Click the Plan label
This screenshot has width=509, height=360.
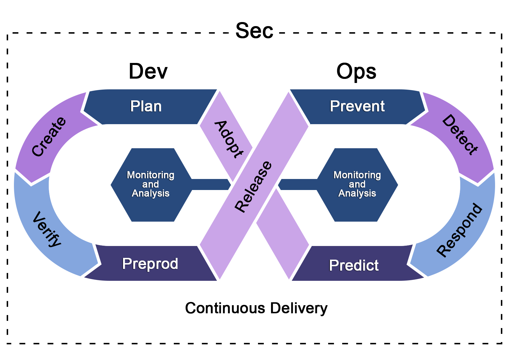146,106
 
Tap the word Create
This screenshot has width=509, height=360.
49,137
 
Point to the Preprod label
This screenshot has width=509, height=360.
150,264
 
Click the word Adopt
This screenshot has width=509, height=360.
229,140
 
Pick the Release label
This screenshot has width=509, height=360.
254,187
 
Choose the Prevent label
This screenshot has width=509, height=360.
357,106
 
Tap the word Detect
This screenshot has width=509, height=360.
460,135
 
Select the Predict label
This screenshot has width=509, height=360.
354,265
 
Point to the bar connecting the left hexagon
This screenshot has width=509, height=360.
210,184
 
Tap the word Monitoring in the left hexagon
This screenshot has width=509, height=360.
151,175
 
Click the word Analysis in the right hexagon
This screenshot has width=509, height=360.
357,193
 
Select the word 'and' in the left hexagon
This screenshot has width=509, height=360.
150,184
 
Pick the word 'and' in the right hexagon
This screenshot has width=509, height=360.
357,184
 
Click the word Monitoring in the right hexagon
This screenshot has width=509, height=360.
357,175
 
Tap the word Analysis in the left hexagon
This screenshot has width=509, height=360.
151,193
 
